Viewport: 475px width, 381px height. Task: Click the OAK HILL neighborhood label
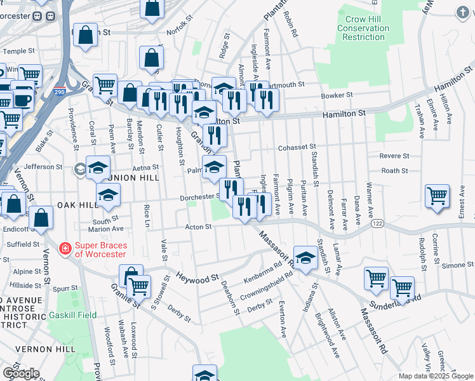click(x=77, y=205)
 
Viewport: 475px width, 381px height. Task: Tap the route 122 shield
click(x=377, y=223)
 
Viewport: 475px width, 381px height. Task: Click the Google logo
click(x=21, y=373)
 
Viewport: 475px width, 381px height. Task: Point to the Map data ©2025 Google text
click(x=436, y=376)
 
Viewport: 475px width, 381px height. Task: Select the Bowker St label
click(x=337, y=95)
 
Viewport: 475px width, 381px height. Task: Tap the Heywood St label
click(x=197, y=277)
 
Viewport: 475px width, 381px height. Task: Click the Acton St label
click(x=198, y=227)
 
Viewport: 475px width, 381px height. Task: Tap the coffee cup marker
click(x=23, y=100)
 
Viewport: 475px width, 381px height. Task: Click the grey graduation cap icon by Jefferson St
click(x=80, y=169)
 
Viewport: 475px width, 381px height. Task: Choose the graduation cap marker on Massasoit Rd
click(x=305, y=257)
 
